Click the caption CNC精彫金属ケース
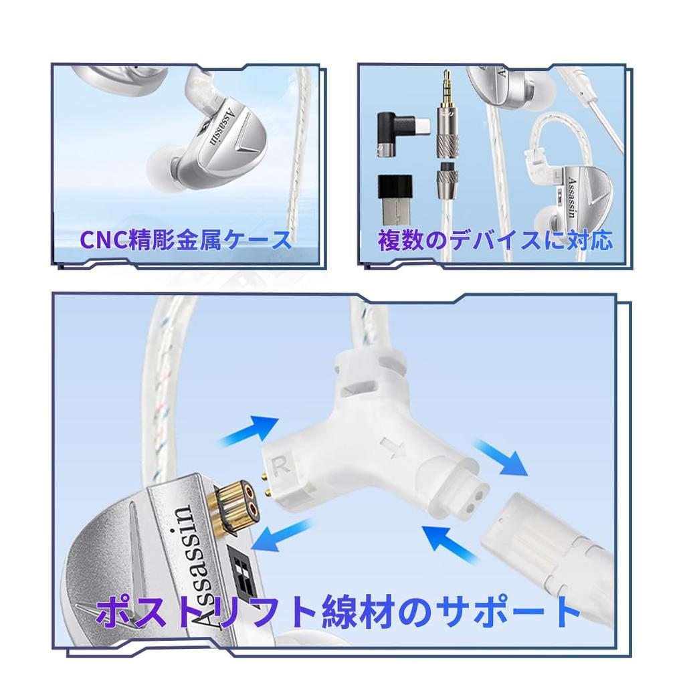(186, 239)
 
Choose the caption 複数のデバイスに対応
(494, 239)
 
